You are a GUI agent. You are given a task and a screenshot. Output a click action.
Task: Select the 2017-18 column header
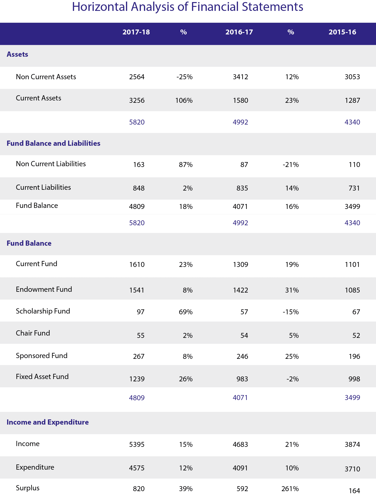(x=136, y=32)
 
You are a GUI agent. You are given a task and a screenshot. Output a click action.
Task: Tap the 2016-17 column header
(x=239, y=32)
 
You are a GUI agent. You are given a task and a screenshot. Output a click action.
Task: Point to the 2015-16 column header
(x=342, y=32)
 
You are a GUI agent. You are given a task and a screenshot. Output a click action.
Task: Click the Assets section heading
(x=17, y=54)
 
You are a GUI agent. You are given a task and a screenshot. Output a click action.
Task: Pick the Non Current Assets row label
(x=46, y=77)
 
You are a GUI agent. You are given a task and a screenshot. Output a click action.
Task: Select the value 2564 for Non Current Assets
(x=137, y=77)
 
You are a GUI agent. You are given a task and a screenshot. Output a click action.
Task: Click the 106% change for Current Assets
(x=184, y=100)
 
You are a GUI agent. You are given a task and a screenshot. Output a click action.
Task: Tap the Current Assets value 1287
(x=352, y=100)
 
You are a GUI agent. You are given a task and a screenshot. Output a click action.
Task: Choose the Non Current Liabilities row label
(x=51, y=164)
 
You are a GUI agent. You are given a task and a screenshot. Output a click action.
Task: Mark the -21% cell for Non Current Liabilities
(x=291, y=165)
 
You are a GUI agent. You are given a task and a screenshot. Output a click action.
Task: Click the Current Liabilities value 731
(x=354, y=188)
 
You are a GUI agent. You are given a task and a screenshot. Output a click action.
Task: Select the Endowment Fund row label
(x=44, y=289)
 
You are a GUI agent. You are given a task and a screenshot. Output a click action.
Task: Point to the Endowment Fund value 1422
(x=240, y=290)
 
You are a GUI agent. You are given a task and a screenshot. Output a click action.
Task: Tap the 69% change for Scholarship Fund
(x=186, y=312)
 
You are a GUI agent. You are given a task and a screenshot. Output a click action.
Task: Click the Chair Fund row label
(x=33, y=333)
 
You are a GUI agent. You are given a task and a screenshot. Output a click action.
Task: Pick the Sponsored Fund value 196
(x=354, y=356)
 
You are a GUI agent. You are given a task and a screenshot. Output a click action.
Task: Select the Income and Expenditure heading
(x=48, y=422)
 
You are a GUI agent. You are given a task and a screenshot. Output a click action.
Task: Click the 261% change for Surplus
(x=290, y=489)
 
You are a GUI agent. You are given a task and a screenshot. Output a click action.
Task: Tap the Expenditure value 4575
(x=137, y=468)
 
